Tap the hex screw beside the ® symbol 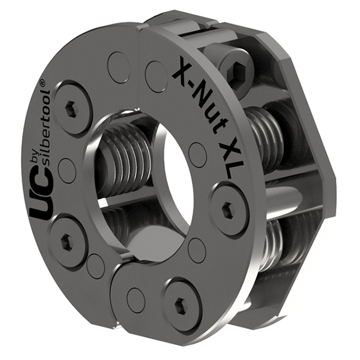click(x=73, y=108)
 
